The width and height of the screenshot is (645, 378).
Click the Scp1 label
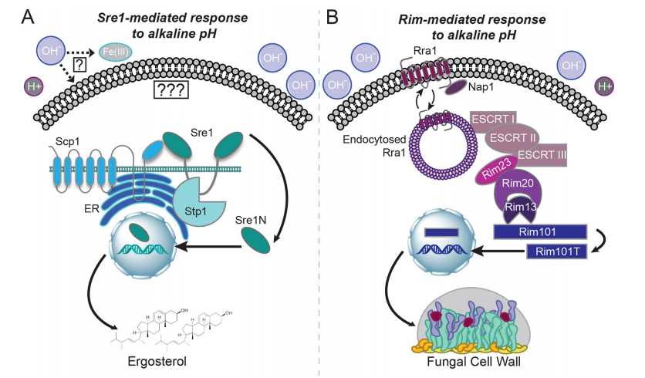tap(69, 143)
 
